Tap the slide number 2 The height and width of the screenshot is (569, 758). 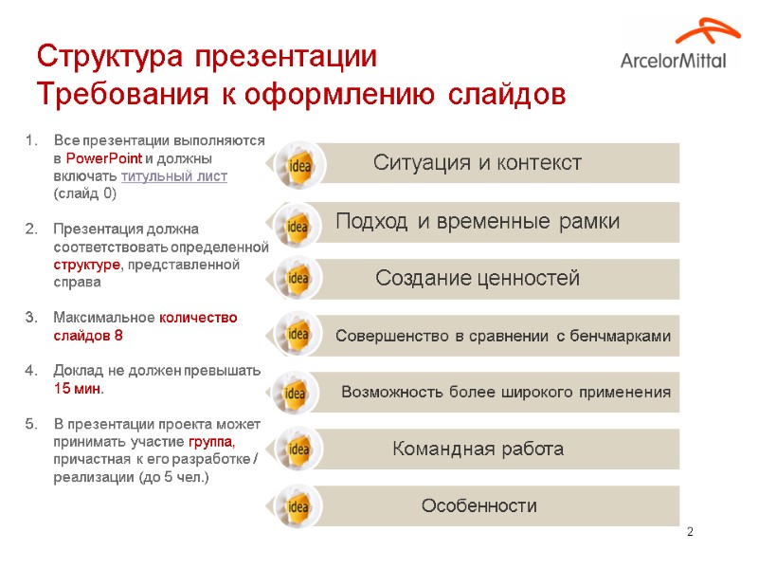(x=691, y=530)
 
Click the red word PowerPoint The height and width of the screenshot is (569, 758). (x=104, y=158)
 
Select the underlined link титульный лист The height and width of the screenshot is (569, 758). (x=174, y=176)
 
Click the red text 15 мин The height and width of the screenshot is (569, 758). (x=79, y=389)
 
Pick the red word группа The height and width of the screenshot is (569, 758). (x=211, y=442)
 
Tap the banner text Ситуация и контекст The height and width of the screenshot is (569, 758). (x=477, y=162)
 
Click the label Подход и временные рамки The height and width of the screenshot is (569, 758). (x=478, y=222)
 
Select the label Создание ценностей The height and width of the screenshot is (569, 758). (x=478, y=279)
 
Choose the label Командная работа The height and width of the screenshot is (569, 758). (x=478, y=449)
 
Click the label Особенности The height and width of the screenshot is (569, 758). (x=478, y=506)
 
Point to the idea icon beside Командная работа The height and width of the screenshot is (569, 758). (x=298, y=449)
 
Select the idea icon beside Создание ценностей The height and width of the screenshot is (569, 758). (x=298, y=279)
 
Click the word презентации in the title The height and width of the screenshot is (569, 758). (x=286, y=57)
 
